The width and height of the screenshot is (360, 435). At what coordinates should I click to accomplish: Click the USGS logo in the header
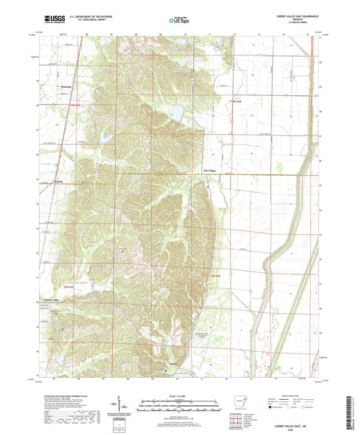(x=53, y=20)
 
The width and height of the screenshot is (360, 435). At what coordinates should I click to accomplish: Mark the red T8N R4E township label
(x=214, y=276)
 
